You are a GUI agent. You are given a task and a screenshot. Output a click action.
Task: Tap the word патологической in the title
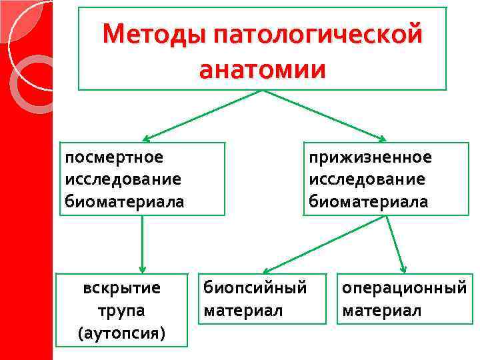319,33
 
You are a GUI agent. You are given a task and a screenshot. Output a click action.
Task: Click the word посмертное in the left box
114,157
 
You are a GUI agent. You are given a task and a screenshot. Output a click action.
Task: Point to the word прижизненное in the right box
370,157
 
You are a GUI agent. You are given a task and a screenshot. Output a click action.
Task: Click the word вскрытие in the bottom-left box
122,288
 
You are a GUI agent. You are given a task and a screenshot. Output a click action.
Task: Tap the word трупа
122,310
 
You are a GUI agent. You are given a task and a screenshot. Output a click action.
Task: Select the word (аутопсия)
122,332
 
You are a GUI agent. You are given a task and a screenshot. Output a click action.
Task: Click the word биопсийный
255,288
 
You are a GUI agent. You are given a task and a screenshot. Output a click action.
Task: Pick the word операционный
404,288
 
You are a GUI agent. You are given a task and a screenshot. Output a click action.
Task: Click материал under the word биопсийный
243,310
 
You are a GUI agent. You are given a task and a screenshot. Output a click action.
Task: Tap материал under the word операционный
382,310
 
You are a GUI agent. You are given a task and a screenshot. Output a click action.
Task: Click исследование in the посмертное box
123,179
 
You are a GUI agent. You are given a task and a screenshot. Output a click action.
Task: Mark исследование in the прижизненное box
367,179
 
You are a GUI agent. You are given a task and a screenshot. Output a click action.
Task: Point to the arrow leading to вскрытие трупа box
142,243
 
